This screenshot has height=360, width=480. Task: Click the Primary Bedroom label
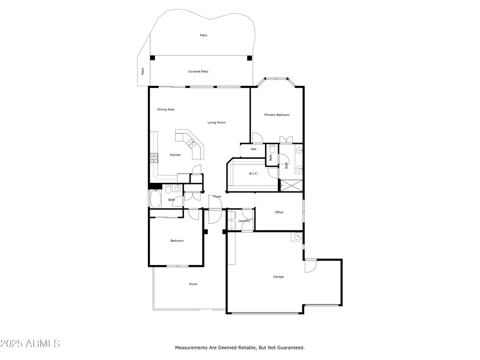(277, 115)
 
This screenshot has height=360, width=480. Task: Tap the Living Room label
(216, 122)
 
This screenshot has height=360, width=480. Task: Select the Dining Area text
(166, 109)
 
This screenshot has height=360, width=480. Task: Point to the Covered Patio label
(198, 72)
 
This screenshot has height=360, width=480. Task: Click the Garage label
(278, 277)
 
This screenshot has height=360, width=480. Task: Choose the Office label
(279, 212)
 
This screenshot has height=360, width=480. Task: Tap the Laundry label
(244, 221)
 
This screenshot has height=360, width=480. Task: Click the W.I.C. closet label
(253, 174)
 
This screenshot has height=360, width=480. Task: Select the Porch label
(193, 284)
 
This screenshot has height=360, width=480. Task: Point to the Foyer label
(217, 196)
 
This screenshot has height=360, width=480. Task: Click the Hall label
(253, 149)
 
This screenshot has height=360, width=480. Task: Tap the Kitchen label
(175, 155)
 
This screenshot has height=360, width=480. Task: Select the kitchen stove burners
(154, 157)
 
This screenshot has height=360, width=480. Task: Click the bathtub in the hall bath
(156, 199)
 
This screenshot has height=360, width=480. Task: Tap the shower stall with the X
(291, 186)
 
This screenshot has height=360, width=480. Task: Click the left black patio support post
(153, 58)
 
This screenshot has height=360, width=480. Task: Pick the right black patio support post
(250, 58)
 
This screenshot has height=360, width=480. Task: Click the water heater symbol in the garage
(299, 236)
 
